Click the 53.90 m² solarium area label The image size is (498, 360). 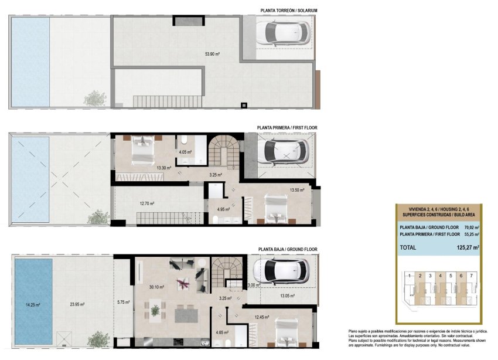[212, 54]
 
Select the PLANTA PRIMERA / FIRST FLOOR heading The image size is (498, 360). [287, 127]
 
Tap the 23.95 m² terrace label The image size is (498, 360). [77, 304]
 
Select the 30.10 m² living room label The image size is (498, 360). [156, 287]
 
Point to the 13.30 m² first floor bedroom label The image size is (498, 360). [164, 168]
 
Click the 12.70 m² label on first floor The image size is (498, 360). [147, 203]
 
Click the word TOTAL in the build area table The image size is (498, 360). [408, 247]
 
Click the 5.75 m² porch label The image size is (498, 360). [123, 302]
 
